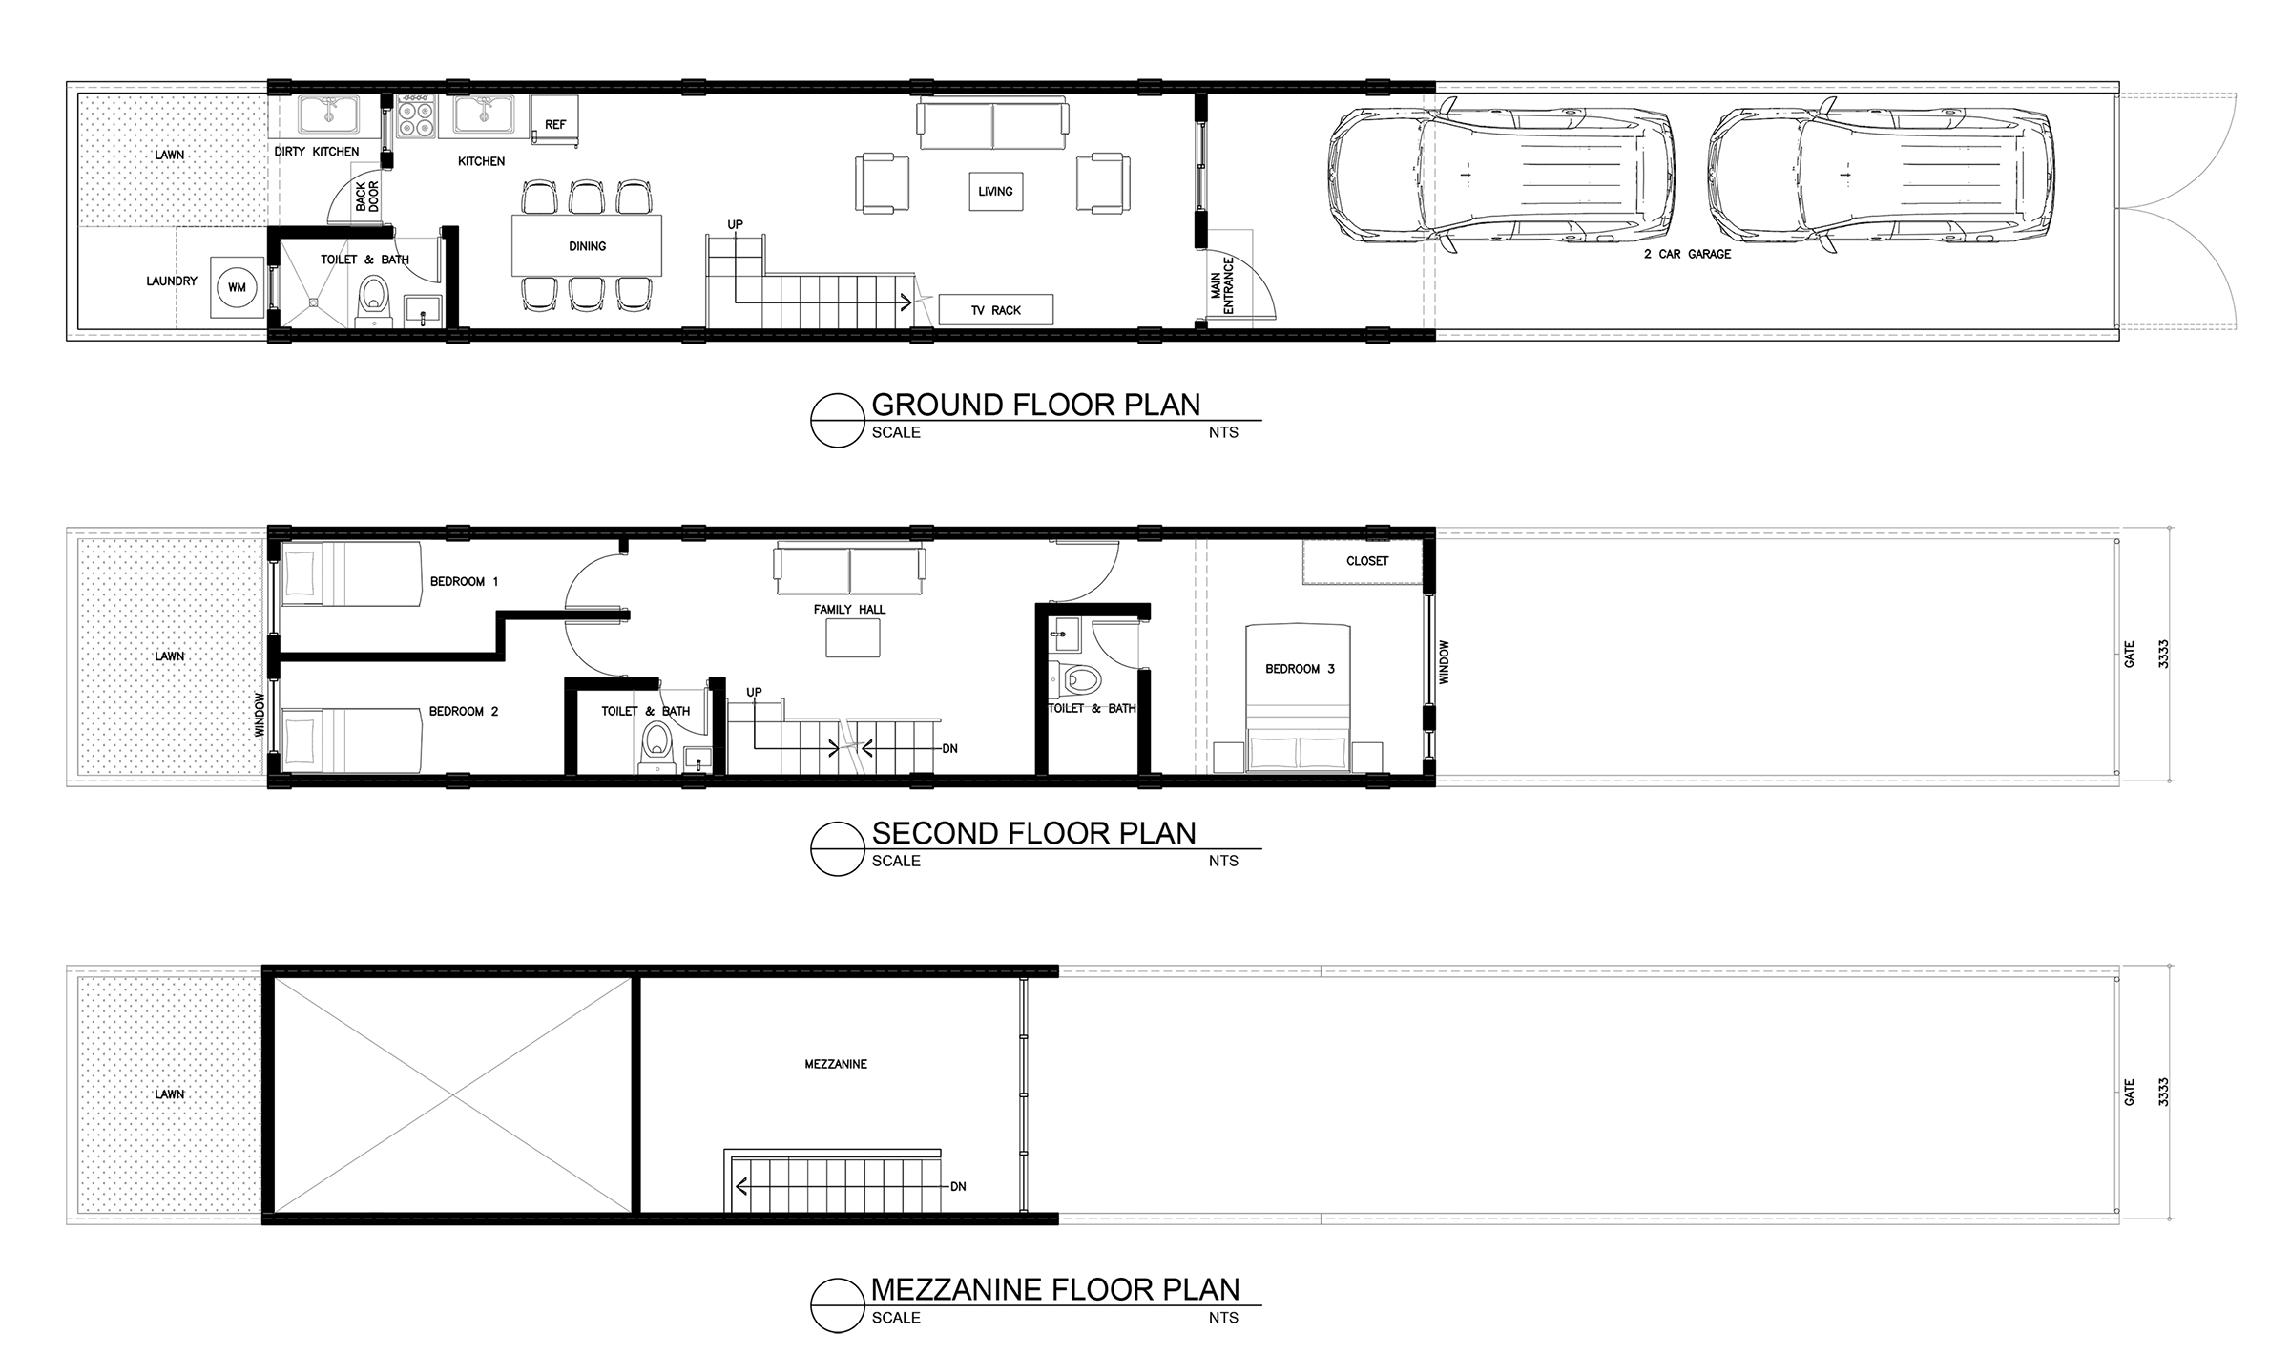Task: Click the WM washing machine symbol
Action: pos(236,287)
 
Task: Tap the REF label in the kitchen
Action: pos(555,125)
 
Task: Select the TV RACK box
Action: pos(996,310)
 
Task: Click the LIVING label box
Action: pos(995,191)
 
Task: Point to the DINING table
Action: pos(587,246)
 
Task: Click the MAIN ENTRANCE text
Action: pos(1222,284)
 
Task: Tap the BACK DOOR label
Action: pos(367,197)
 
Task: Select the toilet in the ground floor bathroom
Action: pos(373,300)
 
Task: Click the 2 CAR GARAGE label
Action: pos(1687,254)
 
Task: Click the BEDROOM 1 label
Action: pos(464,581)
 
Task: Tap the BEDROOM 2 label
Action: pos(464,711)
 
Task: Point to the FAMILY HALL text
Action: pos(849,609)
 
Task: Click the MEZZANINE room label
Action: pos(836,1064)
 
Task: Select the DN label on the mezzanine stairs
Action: pos(958,1186)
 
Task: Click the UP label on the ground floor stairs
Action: pos(735,225)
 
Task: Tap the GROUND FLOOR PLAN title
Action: pos(1036,405)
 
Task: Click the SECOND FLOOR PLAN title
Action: pos(1034,833)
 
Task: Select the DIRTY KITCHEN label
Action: pos(317,152)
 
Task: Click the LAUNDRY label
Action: pos(172,281)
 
